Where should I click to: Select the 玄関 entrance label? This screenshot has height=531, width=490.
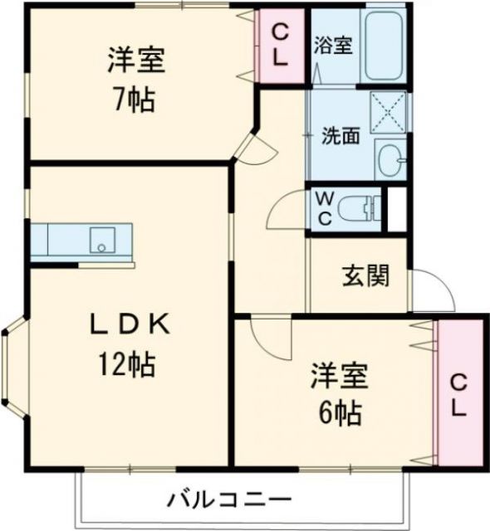(x=365, y=276)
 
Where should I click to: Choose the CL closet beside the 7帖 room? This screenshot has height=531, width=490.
(x=281, y=46)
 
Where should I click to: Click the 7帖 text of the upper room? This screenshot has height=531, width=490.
(x=133, y=100)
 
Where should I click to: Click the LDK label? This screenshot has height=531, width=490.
(x=131, y=326)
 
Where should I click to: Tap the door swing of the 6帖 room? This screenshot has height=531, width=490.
(x=266, y=336)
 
